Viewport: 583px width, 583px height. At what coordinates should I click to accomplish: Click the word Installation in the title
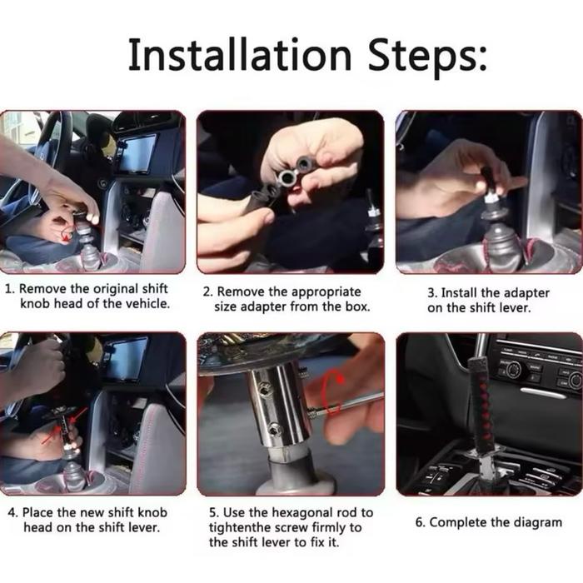point(240,55)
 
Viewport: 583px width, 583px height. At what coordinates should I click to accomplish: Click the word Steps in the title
point(426,57)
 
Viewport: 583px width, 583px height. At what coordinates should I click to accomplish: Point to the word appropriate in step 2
point(326,292)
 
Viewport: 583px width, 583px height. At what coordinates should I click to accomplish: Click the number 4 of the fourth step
point(12,513)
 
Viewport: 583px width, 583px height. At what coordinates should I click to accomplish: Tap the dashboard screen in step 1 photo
point(138,154)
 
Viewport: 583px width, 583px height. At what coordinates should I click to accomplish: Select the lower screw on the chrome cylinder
point(275,430)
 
